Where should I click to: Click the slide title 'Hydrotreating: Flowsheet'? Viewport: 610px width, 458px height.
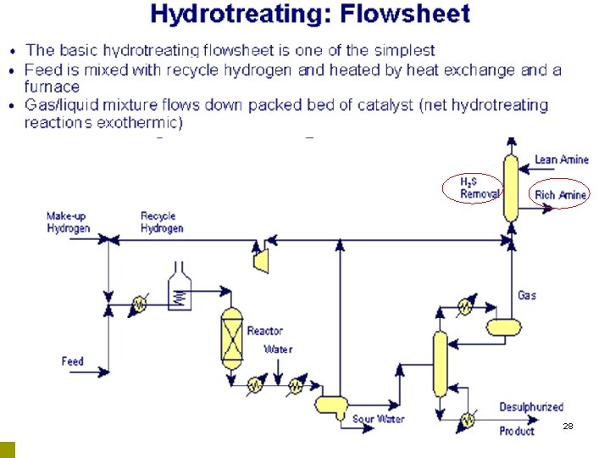click(x=309, y=14)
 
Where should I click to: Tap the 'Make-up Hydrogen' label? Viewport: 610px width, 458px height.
click(x=68, y=222)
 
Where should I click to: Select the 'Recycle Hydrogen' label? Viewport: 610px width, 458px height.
click(x=162, y=222)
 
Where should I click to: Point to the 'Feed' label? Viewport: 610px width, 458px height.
click(x=73, y=361)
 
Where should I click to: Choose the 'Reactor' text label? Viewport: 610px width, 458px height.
click(x=265, y=331)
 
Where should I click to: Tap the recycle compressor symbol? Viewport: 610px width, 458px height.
click(x=261, y=258)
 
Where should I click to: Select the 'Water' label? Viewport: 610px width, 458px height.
click(x=278, y=349)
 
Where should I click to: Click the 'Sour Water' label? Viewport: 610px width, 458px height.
click(x=378, y=419)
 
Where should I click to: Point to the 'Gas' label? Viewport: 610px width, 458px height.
click(x=527, y=295)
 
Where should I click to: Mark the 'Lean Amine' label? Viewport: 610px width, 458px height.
click(x=562, y=159)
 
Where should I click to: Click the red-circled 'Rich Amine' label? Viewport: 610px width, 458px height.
click(x=561, y=195)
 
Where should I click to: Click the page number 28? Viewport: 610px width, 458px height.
click(x=568, y=426)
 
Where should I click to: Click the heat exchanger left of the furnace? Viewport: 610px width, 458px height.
click(x=137, y=303)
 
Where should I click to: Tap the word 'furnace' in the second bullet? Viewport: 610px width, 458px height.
click(x=52, y=87)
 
